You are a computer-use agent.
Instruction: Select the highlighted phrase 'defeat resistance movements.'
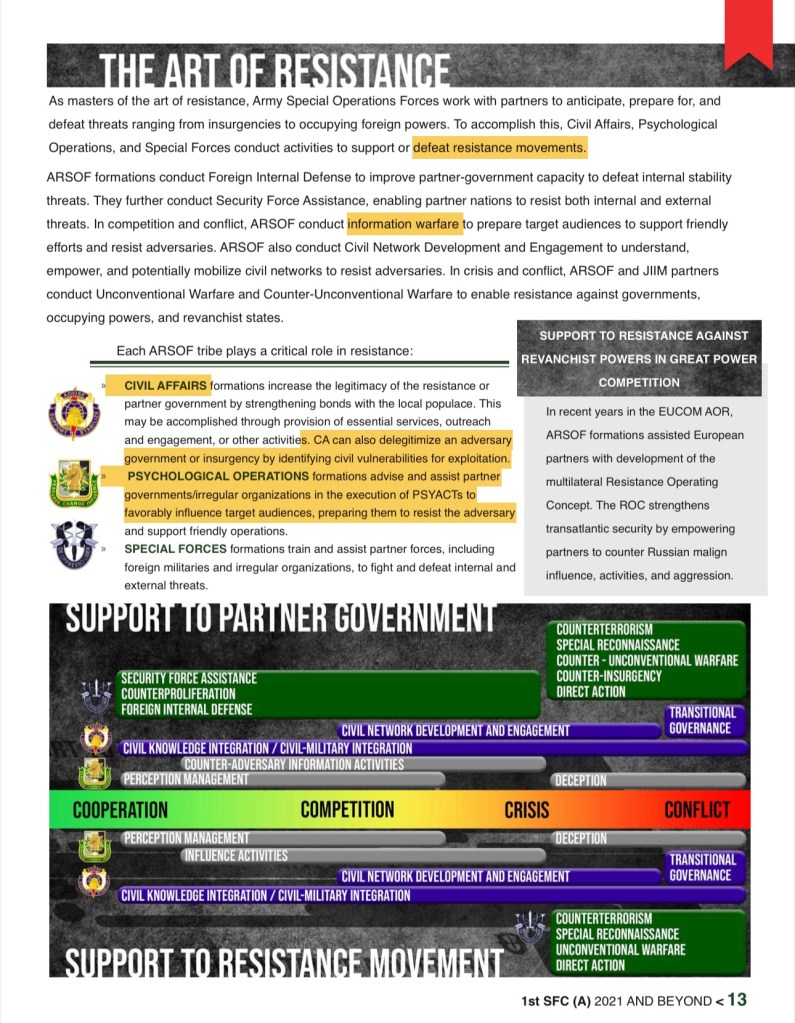pos(499,148)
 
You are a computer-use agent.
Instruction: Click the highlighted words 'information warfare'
pos(404,224)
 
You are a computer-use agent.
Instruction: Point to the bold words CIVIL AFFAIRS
pos(166,386)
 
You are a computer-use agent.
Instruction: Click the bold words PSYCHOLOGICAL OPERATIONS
pos(217,477)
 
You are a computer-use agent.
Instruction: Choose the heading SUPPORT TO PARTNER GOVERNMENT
pos(281,618)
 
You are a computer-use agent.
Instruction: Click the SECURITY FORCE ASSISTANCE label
pos(189,678)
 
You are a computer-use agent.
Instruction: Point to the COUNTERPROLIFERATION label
pos(178,694)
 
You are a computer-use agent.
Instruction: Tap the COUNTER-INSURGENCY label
pos(608,676)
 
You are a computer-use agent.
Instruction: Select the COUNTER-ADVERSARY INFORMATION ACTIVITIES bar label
pos(293,765)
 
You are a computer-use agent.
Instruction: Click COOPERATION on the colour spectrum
pos(120,810)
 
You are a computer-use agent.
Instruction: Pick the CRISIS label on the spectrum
pos(527,810)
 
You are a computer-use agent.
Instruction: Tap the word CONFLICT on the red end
pos(697,810)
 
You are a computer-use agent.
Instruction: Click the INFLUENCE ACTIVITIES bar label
pos(235,856)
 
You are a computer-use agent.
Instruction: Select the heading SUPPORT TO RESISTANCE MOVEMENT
pos(284,964)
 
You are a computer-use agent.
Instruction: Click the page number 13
pos(737,1000)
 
